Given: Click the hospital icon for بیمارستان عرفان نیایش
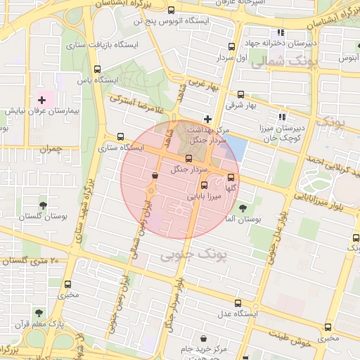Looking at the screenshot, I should (41, 101).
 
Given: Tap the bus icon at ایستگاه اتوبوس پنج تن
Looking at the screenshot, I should (172, 11).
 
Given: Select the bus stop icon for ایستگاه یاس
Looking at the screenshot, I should (96, 70).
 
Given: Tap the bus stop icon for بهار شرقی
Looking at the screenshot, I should (241, 94).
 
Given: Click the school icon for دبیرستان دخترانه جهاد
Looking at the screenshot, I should (281, 32).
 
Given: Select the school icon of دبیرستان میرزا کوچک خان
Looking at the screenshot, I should (282, 117).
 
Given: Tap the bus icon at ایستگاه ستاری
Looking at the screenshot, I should (120, 137).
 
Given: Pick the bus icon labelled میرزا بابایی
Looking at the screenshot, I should (204, 186).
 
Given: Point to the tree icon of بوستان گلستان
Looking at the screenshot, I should (44, 205).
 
